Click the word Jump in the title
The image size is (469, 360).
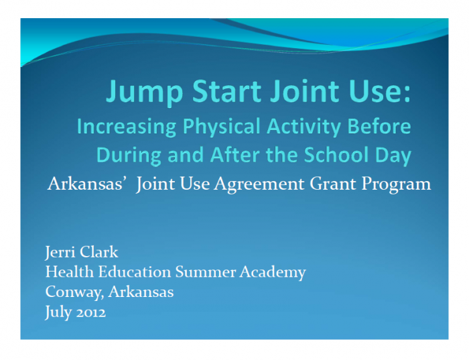click(x=144, y=92)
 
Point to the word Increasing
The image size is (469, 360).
click(x=127, y=127)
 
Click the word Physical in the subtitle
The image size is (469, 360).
click(x=222, y=127)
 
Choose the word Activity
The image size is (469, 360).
click(x=304, y=127)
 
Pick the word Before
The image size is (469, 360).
click(x=379, y=126)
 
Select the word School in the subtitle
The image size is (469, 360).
click(x=336, y=154)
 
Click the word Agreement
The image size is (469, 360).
click(x=259, y=184)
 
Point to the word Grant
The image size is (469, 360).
click(x=333, y=183)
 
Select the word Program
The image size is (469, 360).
click(x=397, y=184)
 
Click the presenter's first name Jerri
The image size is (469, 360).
click(x=60, y=252)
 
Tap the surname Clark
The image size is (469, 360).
click(x=99, y=251)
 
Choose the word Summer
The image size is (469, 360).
click(x=206, y=272)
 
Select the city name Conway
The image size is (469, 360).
click(x=74, y=292)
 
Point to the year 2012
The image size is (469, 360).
click(x=91, y=312)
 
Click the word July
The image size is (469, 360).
click(x=58, y=312)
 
